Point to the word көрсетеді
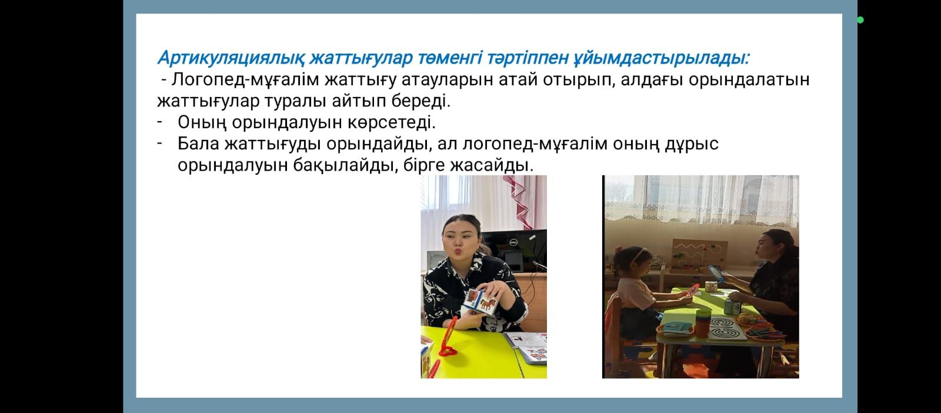392,122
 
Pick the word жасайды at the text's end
492,165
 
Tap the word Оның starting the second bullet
202,122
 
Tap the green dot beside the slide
860,20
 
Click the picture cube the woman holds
480,302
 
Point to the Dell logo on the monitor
513,242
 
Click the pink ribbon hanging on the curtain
520,202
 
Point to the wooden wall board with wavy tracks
699,255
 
